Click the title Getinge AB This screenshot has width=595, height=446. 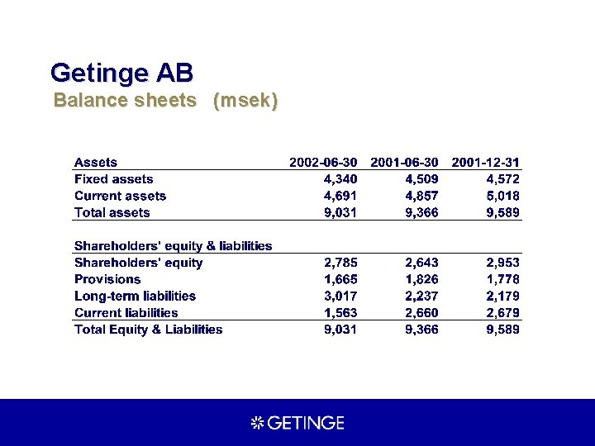(121, 72)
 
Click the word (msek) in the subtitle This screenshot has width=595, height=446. (245, 101)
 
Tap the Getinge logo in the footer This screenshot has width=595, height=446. (297, 423)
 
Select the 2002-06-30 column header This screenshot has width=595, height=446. (323, 163)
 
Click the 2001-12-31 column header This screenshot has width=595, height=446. (486, 163)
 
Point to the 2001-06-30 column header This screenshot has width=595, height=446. (405, 163)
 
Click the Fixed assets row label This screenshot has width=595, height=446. (113, 179)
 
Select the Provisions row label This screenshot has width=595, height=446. (107, 279)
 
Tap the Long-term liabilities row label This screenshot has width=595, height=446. (135, 296)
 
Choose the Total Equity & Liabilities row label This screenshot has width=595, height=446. (148, 330)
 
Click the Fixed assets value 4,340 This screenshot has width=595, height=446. (340, 179)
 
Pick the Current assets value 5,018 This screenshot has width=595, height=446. (503, 196)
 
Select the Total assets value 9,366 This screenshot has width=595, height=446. (421, 212)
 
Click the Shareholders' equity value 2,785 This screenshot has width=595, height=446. (340, 263)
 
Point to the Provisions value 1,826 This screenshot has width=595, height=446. (421, 279)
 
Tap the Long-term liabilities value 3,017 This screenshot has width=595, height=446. (340, 296)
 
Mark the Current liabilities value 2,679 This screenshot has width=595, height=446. (503, 313)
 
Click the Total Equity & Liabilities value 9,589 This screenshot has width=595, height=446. (503, 330)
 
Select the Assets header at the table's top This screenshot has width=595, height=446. (96, 163)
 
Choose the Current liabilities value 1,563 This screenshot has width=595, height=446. (340, 313)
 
